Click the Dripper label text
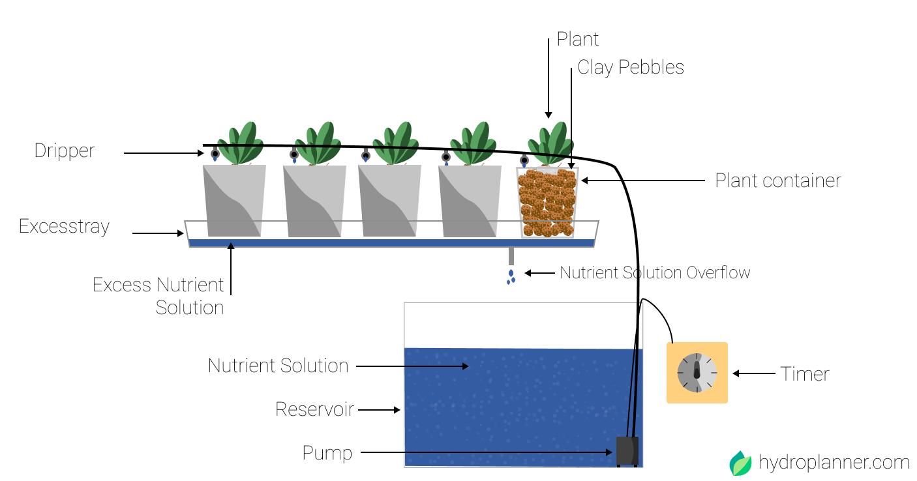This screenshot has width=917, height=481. point(65,151)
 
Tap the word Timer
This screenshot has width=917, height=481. point(805,374)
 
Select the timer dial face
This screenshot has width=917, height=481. point(697,373)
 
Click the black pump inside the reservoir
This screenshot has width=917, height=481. point(627,451)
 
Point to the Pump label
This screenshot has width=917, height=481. point(327,453)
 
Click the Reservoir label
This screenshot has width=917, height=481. point(314,409)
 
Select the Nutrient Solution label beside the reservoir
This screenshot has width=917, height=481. point(278,366)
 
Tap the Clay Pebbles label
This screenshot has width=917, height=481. point(630,67)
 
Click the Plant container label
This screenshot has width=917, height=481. point(777,181)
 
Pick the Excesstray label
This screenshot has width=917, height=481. point(64,227)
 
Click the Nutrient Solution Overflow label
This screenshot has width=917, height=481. point(655,272)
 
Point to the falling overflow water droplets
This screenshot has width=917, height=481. point(511,277)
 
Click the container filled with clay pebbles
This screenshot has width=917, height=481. point(548,202)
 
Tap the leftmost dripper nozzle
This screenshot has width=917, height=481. point(215,154)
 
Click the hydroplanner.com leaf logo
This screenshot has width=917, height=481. point(740,463)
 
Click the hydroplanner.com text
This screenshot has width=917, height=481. point(834,463)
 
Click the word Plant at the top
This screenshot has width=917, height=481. point(577,39)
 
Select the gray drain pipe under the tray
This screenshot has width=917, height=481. point(511,256)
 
